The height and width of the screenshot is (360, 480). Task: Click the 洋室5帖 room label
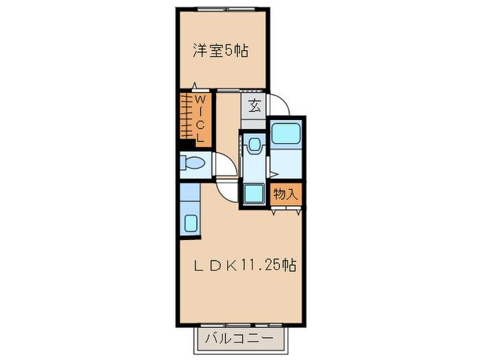coord(220,50)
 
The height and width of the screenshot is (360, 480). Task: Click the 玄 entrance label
coord(254,107)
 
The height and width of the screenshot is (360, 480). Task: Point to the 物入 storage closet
coord(285,194)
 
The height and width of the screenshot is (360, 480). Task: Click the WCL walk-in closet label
coord(200,118)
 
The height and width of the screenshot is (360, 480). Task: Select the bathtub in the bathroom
coord(285,132)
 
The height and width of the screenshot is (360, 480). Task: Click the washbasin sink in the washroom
coord(254,145)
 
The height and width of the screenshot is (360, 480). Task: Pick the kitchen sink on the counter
coord(190,223)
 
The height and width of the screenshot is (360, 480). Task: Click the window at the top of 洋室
coord(221,9)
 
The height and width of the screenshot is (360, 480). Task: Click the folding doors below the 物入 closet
coord(285,210)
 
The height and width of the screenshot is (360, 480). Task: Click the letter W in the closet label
coord(200,101)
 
